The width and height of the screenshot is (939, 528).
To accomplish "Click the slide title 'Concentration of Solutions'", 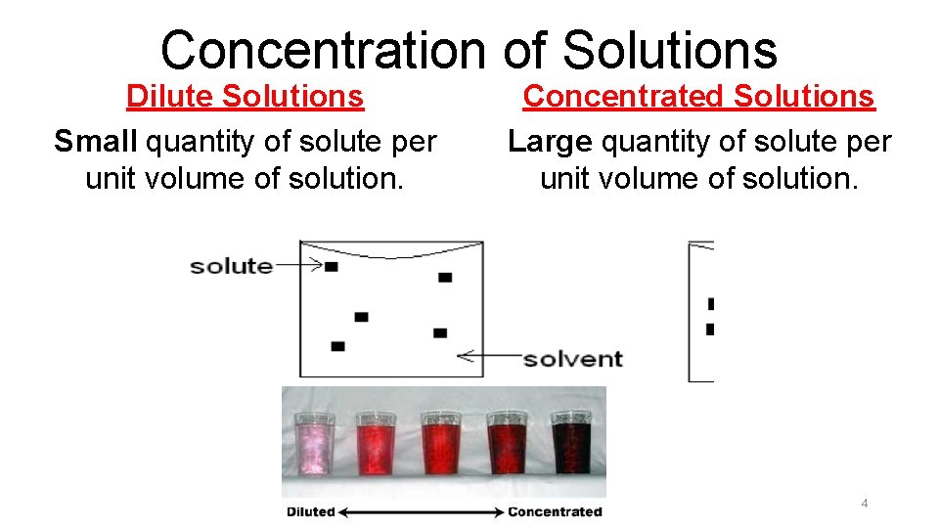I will click(469, 49).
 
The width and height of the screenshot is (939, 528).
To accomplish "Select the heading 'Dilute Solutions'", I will click(245, 97).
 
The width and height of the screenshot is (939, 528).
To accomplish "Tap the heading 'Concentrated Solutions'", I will click(698, 97).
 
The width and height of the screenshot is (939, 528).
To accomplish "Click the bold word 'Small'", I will click(96, 142).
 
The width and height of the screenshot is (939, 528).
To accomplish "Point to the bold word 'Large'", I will click(550, 142).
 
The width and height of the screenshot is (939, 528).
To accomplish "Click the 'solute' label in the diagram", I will click(231, 265).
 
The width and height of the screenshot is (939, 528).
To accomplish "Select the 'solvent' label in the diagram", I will click(572, 358).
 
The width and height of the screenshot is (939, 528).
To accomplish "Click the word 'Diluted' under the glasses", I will click(310, 511).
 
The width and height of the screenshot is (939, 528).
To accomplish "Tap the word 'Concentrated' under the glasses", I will click(555, 511).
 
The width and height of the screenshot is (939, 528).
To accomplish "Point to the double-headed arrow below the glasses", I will click(421, 511).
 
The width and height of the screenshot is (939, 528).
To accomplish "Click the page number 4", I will click(864, 504).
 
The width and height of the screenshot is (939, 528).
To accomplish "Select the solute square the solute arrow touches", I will click(332, 266).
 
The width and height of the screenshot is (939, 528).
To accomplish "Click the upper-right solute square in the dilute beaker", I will click(445, 278).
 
